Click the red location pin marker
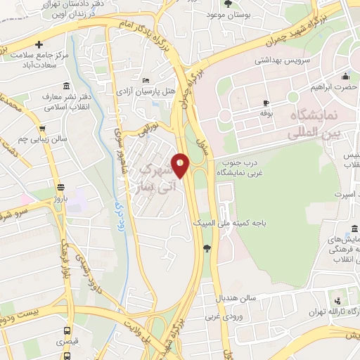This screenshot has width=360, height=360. (181, 166)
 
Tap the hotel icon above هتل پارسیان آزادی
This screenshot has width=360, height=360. (145, 81)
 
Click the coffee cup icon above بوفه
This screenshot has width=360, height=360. (265, 103)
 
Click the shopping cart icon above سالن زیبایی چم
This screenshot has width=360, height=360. (43, 129)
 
